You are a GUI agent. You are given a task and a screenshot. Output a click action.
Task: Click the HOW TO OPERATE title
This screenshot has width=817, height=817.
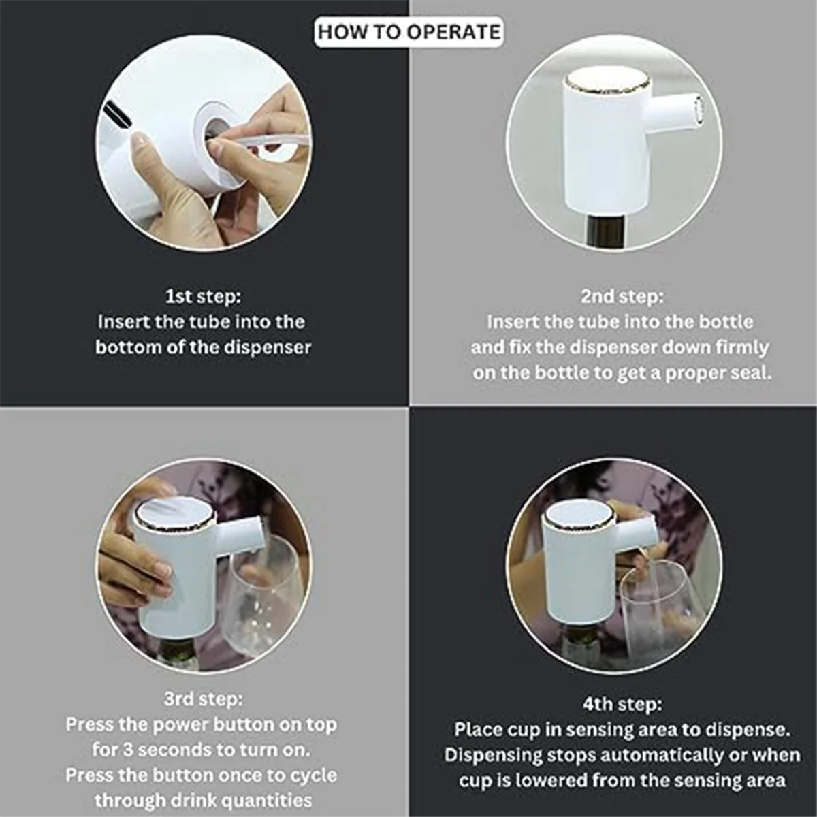(408, 32)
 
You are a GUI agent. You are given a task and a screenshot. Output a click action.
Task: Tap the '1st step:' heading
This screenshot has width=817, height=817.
(203, 297)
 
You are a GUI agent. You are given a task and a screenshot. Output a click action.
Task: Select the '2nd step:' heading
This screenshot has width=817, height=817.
(621, 297)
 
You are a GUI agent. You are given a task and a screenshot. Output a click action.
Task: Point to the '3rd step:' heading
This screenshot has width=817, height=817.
(203, 699)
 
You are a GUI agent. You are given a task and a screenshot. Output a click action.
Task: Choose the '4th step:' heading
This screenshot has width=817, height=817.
(622, 704)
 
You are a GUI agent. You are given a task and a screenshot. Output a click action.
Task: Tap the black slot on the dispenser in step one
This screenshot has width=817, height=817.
(116, 114)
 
